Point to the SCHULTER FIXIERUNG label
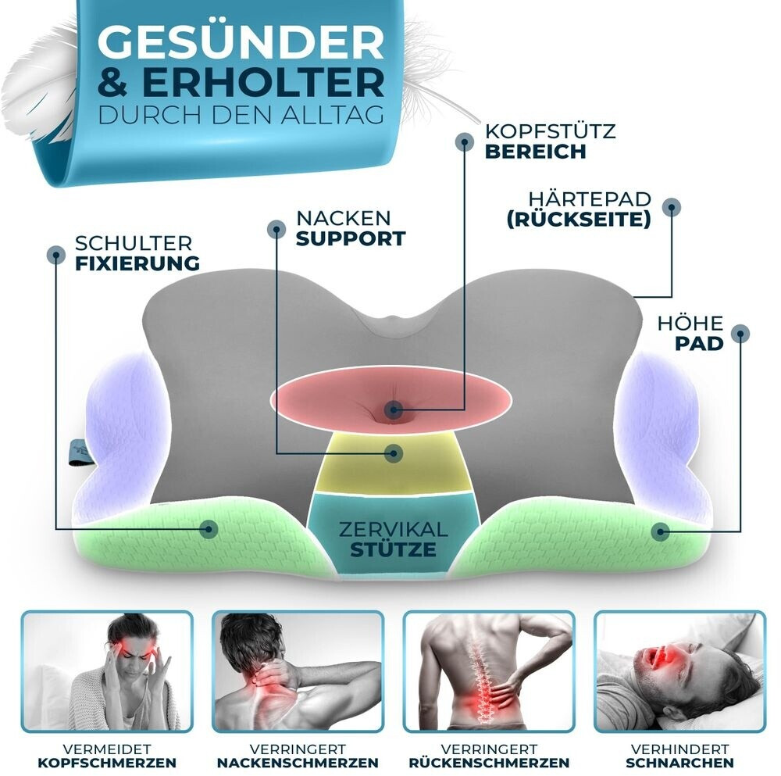coord(137,253)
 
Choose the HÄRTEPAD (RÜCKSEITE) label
coord(579,209)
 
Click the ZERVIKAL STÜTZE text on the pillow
coord(393,539)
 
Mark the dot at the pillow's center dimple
coord(394,409)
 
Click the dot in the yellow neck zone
coord(394,452)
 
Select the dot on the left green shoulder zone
coord(209,528)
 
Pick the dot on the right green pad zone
coord(661,531)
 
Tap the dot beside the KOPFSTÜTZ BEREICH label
coord(465,141)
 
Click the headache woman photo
coord(107,671)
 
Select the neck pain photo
coord(298,671)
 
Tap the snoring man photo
coord(679,671)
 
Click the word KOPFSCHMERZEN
coord(107,763)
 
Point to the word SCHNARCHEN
coord(679,763)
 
